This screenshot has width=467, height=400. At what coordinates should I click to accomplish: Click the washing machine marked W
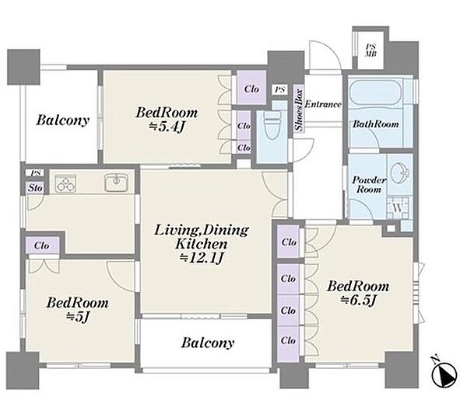coord(398,208)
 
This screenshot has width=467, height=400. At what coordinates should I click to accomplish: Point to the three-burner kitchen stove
coord(66,183)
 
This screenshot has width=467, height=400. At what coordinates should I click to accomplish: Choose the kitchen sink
coord(117,183)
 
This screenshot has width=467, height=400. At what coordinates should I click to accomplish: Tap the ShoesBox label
coord(299,110)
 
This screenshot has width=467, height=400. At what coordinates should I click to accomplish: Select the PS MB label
coord(370,50)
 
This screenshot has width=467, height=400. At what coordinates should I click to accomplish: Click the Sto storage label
coord(35,188)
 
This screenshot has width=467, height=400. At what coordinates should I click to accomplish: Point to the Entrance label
coord(323,104)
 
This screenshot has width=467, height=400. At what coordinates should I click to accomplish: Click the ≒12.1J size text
coord(202,258)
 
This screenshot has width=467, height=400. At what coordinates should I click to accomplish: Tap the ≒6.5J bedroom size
coord(359,300)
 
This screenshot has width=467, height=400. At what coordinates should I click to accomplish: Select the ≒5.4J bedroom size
coord(167,127)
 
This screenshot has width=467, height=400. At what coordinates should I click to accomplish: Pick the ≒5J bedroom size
coord(78,317)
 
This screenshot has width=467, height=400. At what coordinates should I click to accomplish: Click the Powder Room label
coord(369,184)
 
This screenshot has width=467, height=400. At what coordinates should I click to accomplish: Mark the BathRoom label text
coord(376,123)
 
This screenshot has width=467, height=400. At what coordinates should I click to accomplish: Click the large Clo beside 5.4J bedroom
coord(251,89)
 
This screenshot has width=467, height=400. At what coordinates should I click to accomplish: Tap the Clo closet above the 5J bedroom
coord(42,245)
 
